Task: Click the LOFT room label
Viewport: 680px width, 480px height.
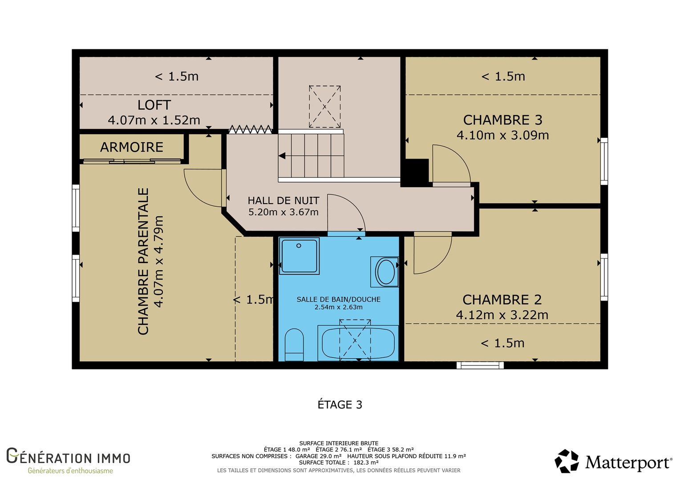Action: click(x=154, y=105)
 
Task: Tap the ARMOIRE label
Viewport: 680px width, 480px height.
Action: click(x=132, y=148)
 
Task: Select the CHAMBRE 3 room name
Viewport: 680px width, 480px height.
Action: click(x=503, y=120)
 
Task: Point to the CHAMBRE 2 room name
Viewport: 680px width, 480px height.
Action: click(x=502, y=300)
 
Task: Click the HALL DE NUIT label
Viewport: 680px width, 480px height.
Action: click(x=283, y=201)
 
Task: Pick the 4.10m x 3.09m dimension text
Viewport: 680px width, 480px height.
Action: click(x=503, y=135)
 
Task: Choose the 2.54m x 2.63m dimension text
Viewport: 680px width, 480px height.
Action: click(x=339, y=307)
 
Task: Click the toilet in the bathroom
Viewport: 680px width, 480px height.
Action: click(x=294, y=345)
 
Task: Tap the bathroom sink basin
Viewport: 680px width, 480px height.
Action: click(x=385, y=272)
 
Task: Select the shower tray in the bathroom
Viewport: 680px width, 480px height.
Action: click(x=299, y=256)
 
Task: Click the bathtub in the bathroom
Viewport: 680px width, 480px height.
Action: click(x=358, y=343)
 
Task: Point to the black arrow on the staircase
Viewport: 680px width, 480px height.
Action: click(x=282, y=156)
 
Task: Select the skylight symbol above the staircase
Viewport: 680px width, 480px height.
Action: click(x=325, y=106)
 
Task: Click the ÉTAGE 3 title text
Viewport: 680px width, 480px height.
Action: click(x=340, y=405)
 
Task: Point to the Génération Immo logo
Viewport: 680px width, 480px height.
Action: click(x=69, y=460)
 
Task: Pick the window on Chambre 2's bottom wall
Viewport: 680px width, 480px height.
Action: click(x=480, y=365)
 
